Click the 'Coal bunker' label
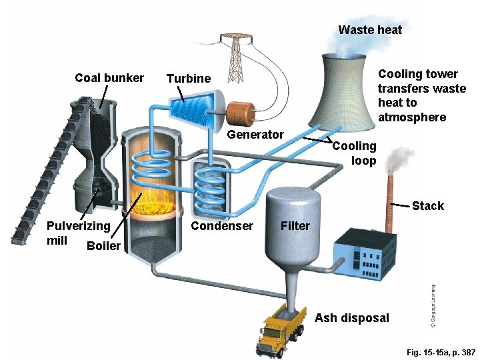(x=109, y=78)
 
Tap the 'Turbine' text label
(x=188, y=79)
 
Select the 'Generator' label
(x=255, y=135)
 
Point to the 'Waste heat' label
(x=370, y=29)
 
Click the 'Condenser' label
(x=222, y=226)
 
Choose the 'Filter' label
(x=295, y=226)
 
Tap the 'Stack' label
(x=427, y=206)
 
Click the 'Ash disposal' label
(x=351, y=318)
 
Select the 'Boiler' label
(x=103, y=246)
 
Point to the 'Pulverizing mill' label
(x=77, y=233)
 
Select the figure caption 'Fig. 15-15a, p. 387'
(x=441, y=352)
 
